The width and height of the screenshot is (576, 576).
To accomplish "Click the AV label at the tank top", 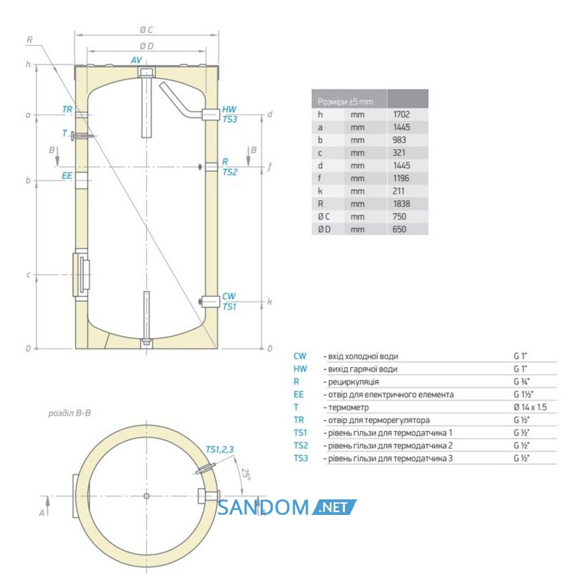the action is (137, 60).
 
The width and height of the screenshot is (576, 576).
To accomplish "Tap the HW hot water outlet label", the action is (229, 109).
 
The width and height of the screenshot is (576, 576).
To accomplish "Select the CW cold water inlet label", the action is (229, 296).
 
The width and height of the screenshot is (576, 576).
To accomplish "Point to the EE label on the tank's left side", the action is (67, 176).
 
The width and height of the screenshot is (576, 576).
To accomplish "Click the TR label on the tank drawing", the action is (67, 109).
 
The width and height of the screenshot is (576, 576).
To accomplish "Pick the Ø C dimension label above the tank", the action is (146, 30).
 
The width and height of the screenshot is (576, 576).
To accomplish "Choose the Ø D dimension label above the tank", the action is (146, 46).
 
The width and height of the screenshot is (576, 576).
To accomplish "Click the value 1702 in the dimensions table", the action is (401, 115).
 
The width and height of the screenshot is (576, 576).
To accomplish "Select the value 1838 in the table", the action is (401, 204).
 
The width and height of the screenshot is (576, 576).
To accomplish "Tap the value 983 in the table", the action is (399, 140).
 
